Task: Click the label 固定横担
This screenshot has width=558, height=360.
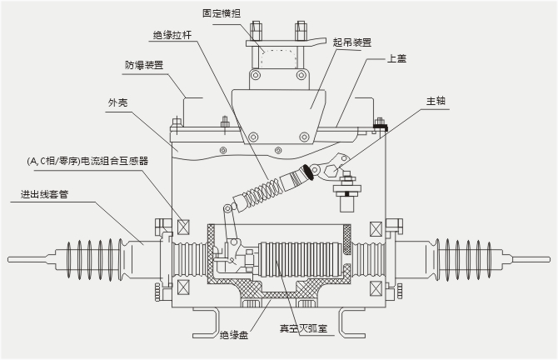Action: pos(222,13)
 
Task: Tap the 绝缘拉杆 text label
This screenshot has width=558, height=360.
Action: pos(172,35)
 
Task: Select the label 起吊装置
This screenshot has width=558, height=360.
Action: pos(352,42)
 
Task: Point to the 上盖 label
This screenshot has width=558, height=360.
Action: pos(396,58)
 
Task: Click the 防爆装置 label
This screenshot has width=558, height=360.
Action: pos(144,65)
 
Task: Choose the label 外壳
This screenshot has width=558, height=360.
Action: pos(117,102)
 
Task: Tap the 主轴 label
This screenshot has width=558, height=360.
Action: pos(436,101)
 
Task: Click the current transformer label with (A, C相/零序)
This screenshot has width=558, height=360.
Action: pos(87,162)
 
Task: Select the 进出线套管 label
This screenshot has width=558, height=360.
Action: pos(44,194)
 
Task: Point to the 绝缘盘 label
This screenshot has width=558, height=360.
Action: pos(234,335)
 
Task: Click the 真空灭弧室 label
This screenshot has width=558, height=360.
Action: pos(303,328)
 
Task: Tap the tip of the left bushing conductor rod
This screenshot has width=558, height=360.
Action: pos(8,260)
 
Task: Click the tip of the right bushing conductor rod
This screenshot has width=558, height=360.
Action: pos(549,260)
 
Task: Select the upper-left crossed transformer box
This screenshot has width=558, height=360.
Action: pos(183,227)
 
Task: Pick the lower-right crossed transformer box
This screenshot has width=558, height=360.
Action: pos(376,288)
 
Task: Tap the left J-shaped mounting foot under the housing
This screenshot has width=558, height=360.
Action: pos(207,322)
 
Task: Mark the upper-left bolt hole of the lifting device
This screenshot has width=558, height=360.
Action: pos(255,75)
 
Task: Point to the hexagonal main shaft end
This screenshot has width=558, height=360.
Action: pos(331,172)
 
